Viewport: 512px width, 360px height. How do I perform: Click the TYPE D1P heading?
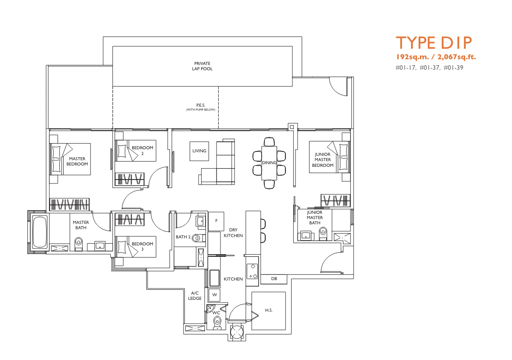coord(434,43)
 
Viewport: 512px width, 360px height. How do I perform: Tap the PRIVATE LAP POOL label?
coord(202,66)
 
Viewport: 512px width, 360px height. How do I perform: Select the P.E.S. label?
coord(201,105)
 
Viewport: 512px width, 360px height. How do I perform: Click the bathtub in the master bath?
coord(40,232)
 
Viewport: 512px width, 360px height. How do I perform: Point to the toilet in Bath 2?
coord(197,238)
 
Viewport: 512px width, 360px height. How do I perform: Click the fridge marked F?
coord(216,221)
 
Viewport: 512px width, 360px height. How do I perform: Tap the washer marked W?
coord(215,295)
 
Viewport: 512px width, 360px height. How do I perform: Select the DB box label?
coord(274,279)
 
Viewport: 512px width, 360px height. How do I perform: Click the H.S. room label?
coord(269,310)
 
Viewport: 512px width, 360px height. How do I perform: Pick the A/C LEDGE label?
coord(195,296)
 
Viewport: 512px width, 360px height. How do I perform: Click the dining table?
coord(269,162)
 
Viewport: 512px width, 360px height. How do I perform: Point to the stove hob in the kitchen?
coord(252,271)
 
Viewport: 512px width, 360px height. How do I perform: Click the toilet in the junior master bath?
coord(323,234)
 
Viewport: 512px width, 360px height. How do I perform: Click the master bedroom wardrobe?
coord(69,205)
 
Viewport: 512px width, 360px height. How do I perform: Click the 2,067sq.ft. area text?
coord(457,57)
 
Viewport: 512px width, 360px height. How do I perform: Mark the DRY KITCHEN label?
coord(233,233)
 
